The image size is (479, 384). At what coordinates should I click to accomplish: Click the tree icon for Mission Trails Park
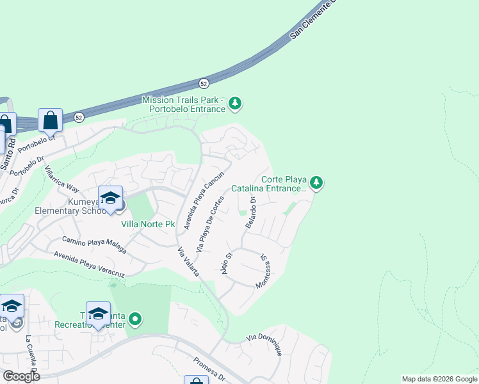[x=236, y=102]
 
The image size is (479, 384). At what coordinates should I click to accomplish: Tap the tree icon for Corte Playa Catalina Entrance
[x=316, y=184]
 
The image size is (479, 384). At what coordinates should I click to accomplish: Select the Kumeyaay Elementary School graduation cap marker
[x=110, y=198]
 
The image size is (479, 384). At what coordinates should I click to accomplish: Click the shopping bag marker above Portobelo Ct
[x=50, y=120]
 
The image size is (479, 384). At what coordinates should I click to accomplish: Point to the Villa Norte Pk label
[x=148, y=225]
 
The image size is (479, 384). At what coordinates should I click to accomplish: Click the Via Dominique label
[x=265, y=344]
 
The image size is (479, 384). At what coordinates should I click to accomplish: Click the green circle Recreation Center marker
[x=134, y=318]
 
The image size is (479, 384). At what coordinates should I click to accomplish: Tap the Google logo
[x=20, y=376]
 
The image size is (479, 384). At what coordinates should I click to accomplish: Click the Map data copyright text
[x=439, y=379]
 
